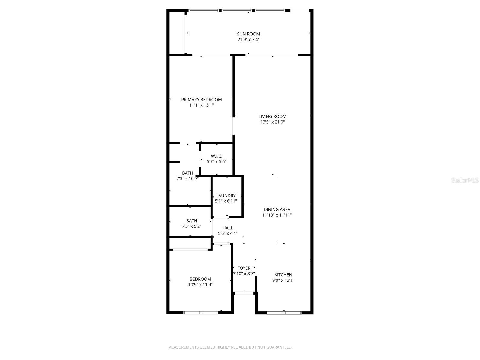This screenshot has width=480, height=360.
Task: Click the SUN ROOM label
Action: pos(248,34)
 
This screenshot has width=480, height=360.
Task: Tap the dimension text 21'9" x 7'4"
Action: pos(248,40)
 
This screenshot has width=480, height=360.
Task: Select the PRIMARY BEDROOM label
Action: pos(202,100)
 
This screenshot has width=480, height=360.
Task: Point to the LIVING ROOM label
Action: pos(272,116)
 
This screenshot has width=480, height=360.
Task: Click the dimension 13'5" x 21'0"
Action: pos(272,122)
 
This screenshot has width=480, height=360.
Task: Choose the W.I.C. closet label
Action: pos(217,156)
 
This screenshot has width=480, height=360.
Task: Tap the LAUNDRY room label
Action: pos(226,196)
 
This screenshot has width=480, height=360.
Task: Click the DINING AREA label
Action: pos(277,209)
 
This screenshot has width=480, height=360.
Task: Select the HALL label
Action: pos(228,228)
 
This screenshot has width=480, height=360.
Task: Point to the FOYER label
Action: pos(244,268)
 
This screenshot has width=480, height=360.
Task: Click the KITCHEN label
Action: pos(283,275)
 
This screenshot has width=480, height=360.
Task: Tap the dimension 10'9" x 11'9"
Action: pos(200,285)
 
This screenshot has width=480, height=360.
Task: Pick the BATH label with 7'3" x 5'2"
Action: pos(191,221)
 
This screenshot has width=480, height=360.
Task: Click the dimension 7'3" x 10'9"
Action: pos(187,178)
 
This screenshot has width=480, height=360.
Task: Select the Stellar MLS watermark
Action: pos(465,180)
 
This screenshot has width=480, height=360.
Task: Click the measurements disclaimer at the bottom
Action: pos(230,347)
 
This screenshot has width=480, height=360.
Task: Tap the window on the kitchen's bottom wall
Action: pos(284,313)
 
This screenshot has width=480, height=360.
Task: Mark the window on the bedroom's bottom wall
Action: pos(201,313)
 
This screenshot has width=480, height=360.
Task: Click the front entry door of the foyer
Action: pos(244,293)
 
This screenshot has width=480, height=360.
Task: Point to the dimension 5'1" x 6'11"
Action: pos(226,201)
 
